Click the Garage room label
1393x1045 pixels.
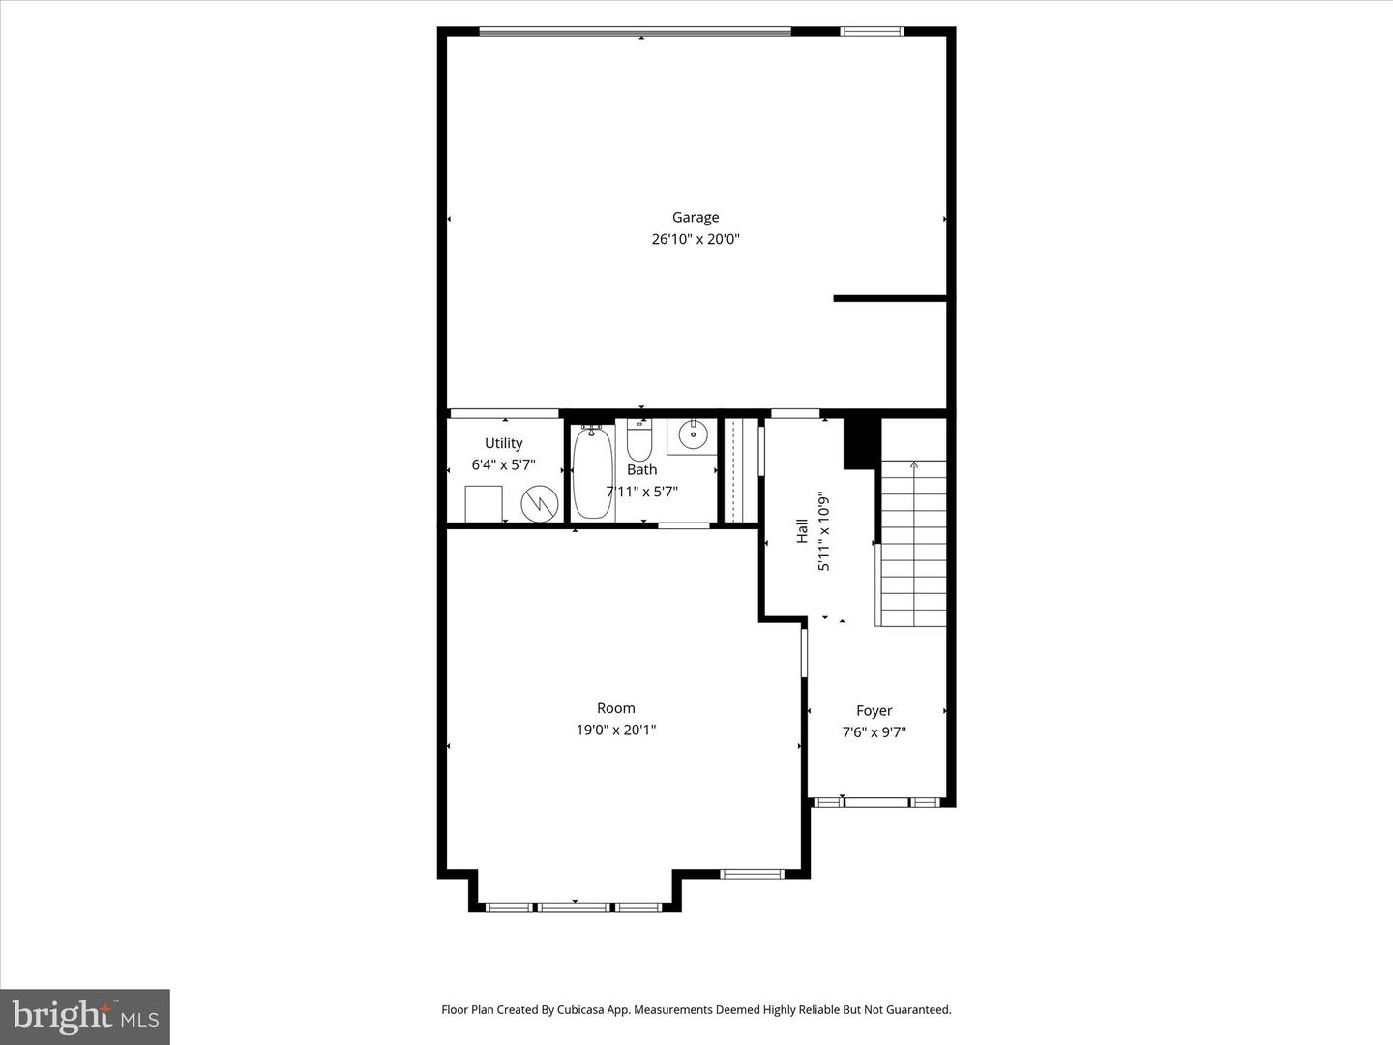(696, 218)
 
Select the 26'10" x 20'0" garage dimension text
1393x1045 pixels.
(696, 239)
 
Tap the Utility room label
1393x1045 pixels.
(504, 443)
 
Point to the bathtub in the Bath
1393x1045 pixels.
(593, 471)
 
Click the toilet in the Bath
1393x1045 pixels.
(639, 439)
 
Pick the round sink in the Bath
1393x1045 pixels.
(693, 434)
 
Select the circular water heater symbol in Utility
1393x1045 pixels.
(540, 504)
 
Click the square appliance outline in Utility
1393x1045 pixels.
(484, 504)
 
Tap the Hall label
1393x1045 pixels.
(802, 531)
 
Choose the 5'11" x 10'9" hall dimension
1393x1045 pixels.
(824, 531)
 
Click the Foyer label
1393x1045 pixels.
(874, 710)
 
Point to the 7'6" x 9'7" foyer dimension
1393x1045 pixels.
(874, 732)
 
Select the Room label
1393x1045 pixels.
(615, 708)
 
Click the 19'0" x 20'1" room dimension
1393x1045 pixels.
(615, 730)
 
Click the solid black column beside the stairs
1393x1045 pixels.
(862, 443)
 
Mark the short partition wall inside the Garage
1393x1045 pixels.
(890, 298)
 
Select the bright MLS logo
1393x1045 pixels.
(85, 1017)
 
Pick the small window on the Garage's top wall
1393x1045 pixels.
(872, 31)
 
